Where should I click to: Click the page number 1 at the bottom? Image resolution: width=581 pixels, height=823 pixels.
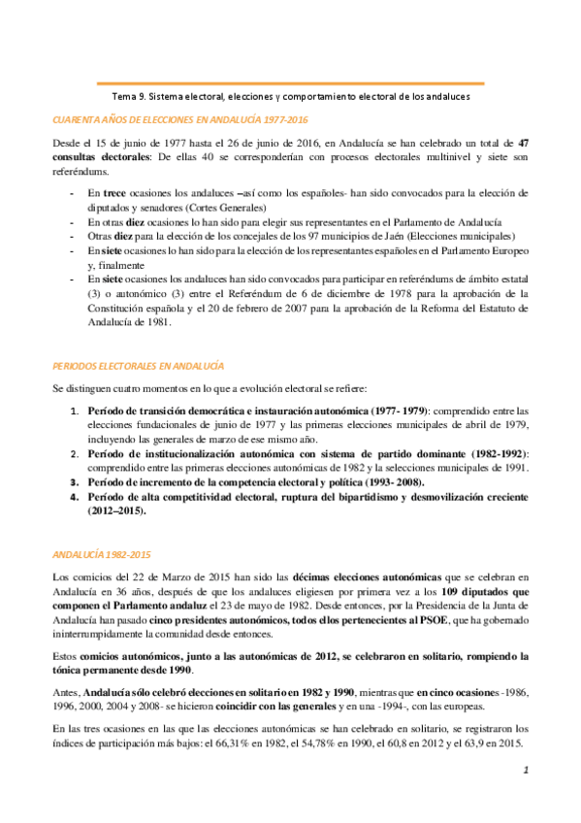[522, 770]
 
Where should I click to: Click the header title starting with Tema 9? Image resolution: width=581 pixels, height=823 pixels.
[291, 97]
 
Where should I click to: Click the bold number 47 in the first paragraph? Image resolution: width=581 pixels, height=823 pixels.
[523, 142]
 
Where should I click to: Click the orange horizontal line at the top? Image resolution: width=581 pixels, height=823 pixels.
[291, 84]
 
